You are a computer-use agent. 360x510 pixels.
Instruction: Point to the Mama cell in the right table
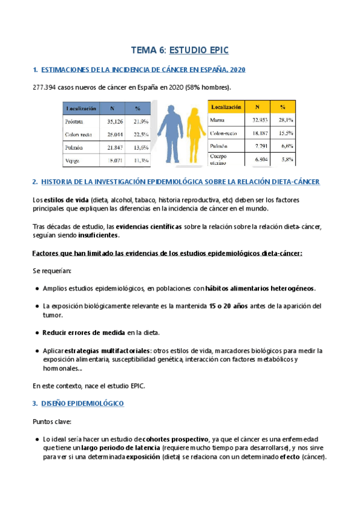tap(217, 120)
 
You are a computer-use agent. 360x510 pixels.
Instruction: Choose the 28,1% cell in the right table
tap(286, 120)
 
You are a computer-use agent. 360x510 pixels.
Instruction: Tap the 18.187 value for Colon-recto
tap(257, 132)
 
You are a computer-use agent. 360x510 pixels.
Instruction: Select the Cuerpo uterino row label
tap(219, 159)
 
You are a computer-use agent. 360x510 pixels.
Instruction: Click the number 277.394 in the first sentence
tap(46, 88)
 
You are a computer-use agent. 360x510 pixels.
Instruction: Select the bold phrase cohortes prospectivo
tap(172, 440)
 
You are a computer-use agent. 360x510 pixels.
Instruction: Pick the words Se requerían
tap(51, 271)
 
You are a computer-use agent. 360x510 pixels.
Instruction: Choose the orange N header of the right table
tap(257, 107)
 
